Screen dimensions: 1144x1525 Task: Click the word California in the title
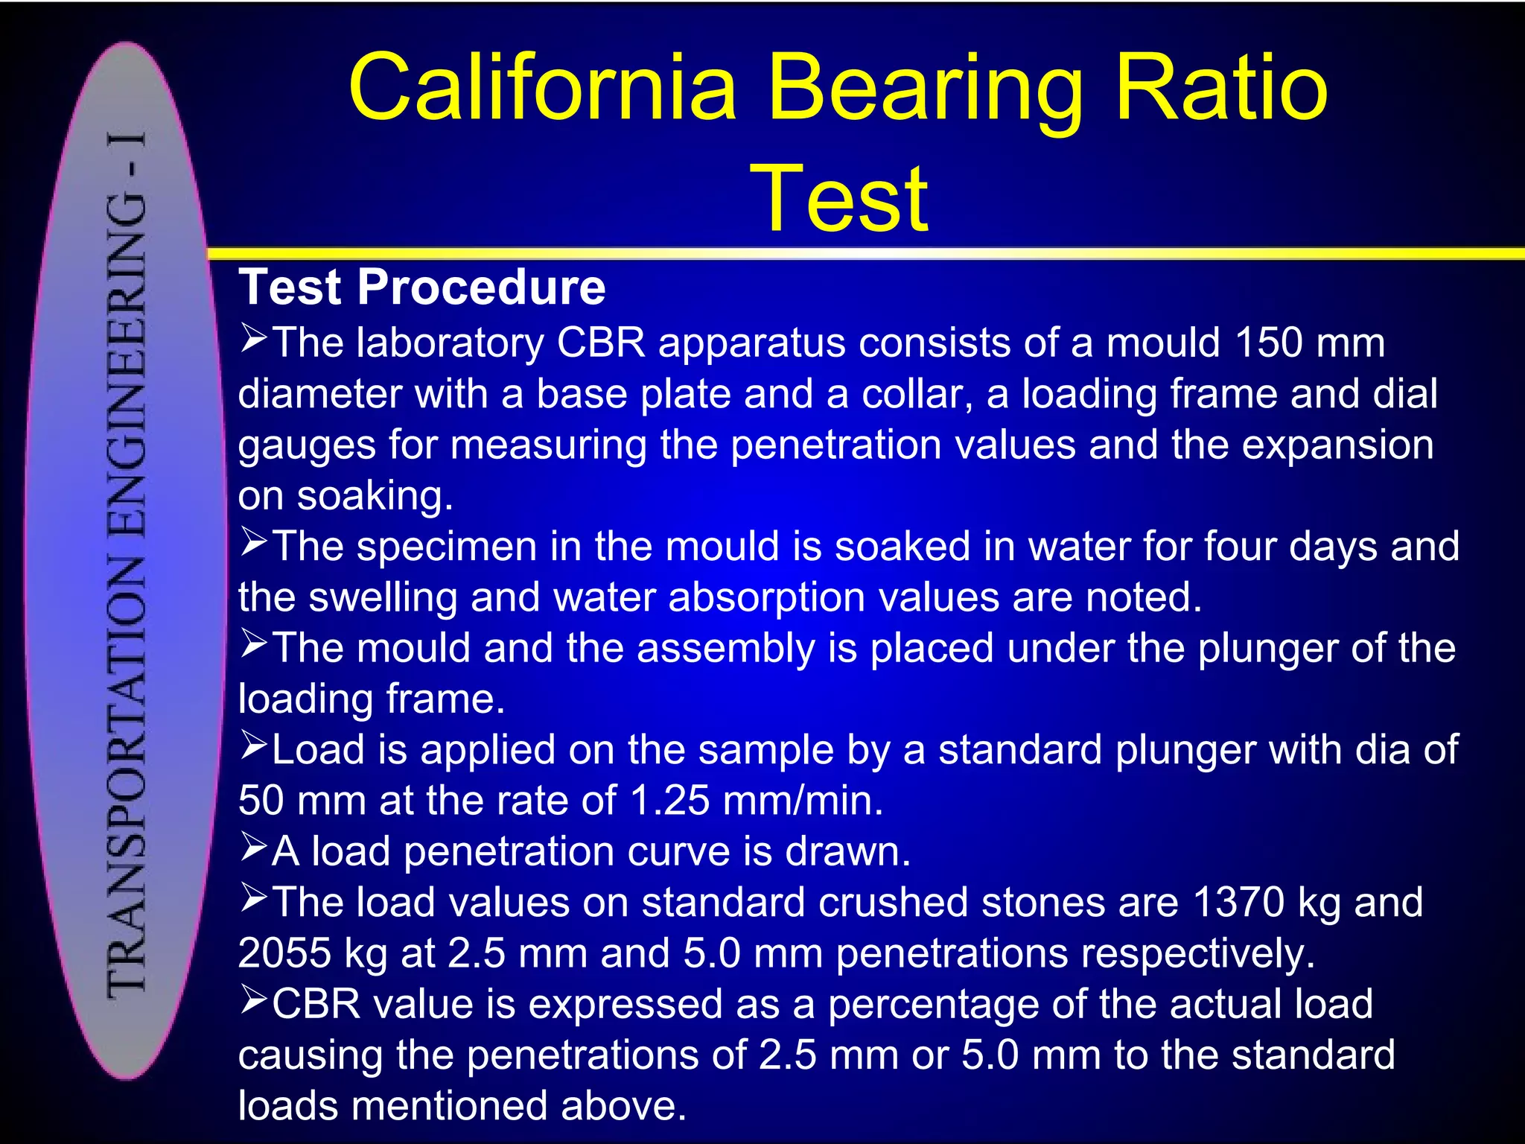pyautogui.click(x=542, y=88)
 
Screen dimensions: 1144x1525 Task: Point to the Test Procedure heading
pyautogui.click(x=422, y=287)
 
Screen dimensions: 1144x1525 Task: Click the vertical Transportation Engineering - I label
pyautogui.click(x=126, y=562)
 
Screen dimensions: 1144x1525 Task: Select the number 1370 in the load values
pyautogui.click(x=1238, y=902)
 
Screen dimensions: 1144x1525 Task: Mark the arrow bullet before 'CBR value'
pyautogui.click(x=253, y=1001)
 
